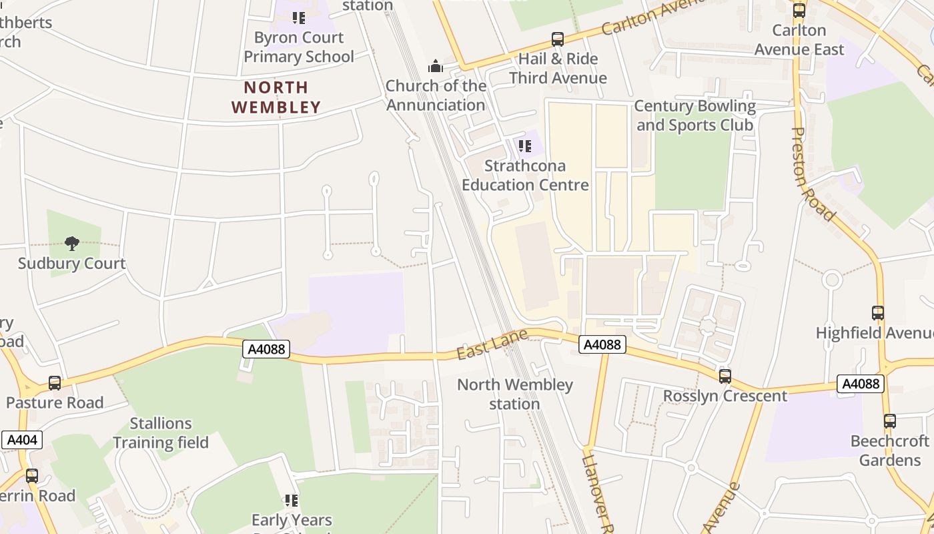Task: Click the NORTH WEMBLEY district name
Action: point(276,97)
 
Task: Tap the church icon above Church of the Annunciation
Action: point(436,66)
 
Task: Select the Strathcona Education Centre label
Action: point(525,175)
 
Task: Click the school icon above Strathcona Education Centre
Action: point(525,146)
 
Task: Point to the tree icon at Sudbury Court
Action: point(72,244)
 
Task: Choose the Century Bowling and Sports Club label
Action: point(694,115)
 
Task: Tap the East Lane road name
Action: point(492,344)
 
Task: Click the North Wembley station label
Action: point(514,394)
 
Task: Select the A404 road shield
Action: point(22,440)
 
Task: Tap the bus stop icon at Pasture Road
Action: point(55,383)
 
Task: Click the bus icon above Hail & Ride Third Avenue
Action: point(558,39)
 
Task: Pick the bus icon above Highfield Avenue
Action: point(878,312)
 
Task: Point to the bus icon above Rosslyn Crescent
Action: point(725,376)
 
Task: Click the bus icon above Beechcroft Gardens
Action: point(889,421)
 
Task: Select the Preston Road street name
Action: point(813,174)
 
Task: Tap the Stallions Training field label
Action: point(160,433)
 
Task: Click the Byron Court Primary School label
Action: point(298,47)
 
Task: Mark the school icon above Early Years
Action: point(292,500)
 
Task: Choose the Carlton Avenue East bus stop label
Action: point(799,39)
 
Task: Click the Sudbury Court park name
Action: point(72,263)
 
